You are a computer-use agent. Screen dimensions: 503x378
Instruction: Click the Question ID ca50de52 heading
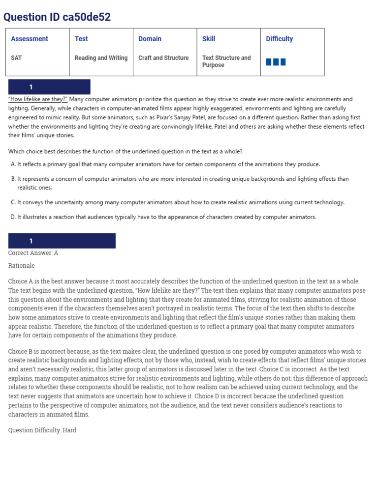click(x=57, y=17)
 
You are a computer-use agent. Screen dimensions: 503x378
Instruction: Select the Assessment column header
click(x=30, y=39)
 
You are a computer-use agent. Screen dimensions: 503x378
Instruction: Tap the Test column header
click(x=81, y=39)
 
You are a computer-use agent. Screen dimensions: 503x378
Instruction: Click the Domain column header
click(x=150, y=39)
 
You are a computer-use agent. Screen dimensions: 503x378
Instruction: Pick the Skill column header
click(x=209, y=39)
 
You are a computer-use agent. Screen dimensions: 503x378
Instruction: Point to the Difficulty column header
click(x=279, y=39)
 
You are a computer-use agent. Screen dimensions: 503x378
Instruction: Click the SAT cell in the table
click(x=16, y=58)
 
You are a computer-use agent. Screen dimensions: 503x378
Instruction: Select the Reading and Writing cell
click(x=101, y=58)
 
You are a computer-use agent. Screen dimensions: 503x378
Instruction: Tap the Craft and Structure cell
click(x=163, y=58)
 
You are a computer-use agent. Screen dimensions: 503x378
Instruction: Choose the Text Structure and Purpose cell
click(x=226, y=61)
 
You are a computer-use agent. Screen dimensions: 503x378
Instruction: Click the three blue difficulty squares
click(x=276, y=62)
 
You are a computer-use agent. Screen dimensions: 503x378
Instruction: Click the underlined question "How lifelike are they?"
click(x=38, y=99)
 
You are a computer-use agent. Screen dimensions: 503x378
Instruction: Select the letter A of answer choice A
click(x=13, y=165)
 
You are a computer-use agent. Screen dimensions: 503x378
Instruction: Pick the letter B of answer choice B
click(x=13, y=179)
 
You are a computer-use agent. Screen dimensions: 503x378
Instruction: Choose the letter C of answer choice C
click(x=13, y=202)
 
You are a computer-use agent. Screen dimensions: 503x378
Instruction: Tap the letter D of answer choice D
click(x=13, y=217)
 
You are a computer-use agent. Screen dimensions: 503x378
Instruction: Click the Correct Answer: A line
click(x=33, y=253)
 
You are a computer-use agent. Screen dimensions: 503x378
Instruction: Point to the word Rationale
click(x=22, y=266)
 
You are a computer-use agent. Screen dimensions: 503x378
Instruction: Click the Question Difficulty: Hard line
click(x=42, y=430)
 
